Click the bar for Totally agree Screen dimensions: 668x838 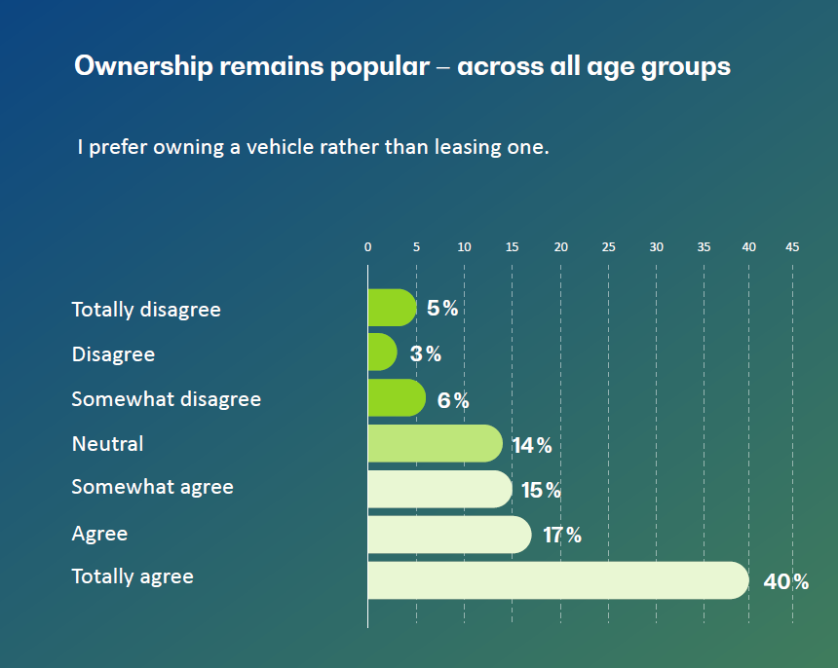click(x=557, y=579)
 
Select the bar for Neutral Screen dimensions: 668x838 click(x=435, y=444)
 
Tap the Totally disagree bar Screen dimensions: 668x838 click(x=392, y=308)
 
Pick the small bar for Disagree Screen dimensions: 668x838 click(x=382, y=353)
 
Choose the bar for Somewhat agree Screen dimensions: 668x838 click(x=439, y=489)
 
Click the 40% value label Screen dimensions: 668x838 click(x=786, y=582)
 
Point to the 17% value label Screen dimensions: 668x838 click(x=562, y=536)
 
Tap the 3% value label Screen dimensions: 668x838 click(x=426, y=354)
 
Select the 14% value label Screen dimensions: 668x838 click(x=532, y=446)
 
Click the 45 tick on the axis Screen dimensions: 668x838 click(x=792, y=247)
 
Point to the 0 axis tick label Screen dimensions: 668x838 click(x=367, y=247)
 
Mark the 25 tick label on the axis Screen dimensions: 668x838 click(x=608, y=247)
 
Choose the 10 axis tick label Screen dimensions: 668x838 click(x=464, y=247)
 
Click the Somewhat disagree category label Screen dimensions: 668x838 click(x=166, y=399)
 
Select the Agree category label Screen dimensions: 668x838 click(x=99, y=534)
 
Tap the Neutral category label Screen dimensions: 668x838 click(x=107, y=444)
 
